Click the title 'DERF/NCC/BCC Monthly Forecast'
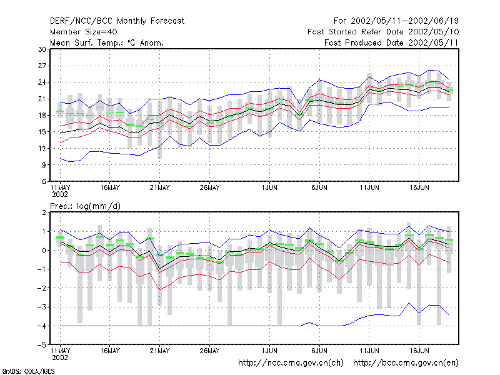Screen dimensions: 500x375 click(x=117, y=21)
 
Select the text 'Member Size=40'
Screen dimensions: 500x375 click(x=84, y=32)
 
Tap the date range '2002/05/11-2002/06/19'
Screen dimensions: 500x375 click(x=404, y=21)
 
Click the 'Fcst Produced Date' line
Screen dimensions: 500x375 click(x=391, y=42)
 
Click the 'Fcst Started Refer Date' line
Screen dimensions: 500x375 click(x=383, y=32)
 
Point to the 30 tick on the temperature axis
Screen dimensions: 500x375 click(x=42, y=49)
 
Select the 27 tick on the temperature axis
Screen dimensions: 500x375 click(x=42, y=66)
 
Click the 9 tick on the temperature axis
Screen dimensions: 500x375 click(x=44, y=165)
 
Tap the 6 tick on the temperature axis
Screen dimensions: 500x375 click(x=44, y=181)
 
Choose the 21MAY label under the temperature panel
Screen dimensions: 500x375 click(x=160, y=188)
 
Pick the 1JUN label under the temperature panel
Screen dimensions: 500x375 click(x=269, y=188)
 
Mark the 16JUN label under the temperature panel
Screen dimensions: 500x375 click(x=419, y=188)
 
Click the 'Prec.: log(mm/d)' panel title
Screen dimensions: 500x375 click(x=85, y=206)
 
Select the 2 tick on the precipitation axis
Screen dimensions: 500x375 click(x=44, y=212)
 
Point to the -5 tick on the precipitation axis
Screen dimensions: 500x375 click(x=41, y=345)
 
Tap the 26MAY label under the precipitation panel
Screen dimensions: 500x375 click(x=209, y=351)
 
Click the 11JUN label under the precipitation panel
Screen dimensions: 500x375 click(x=369, y=351)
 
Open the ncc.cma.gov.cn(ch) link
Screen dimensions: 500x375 click(x=291, y=363)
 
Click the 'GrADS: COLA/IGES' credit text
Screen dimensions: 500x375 click(x=28, y=371)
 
